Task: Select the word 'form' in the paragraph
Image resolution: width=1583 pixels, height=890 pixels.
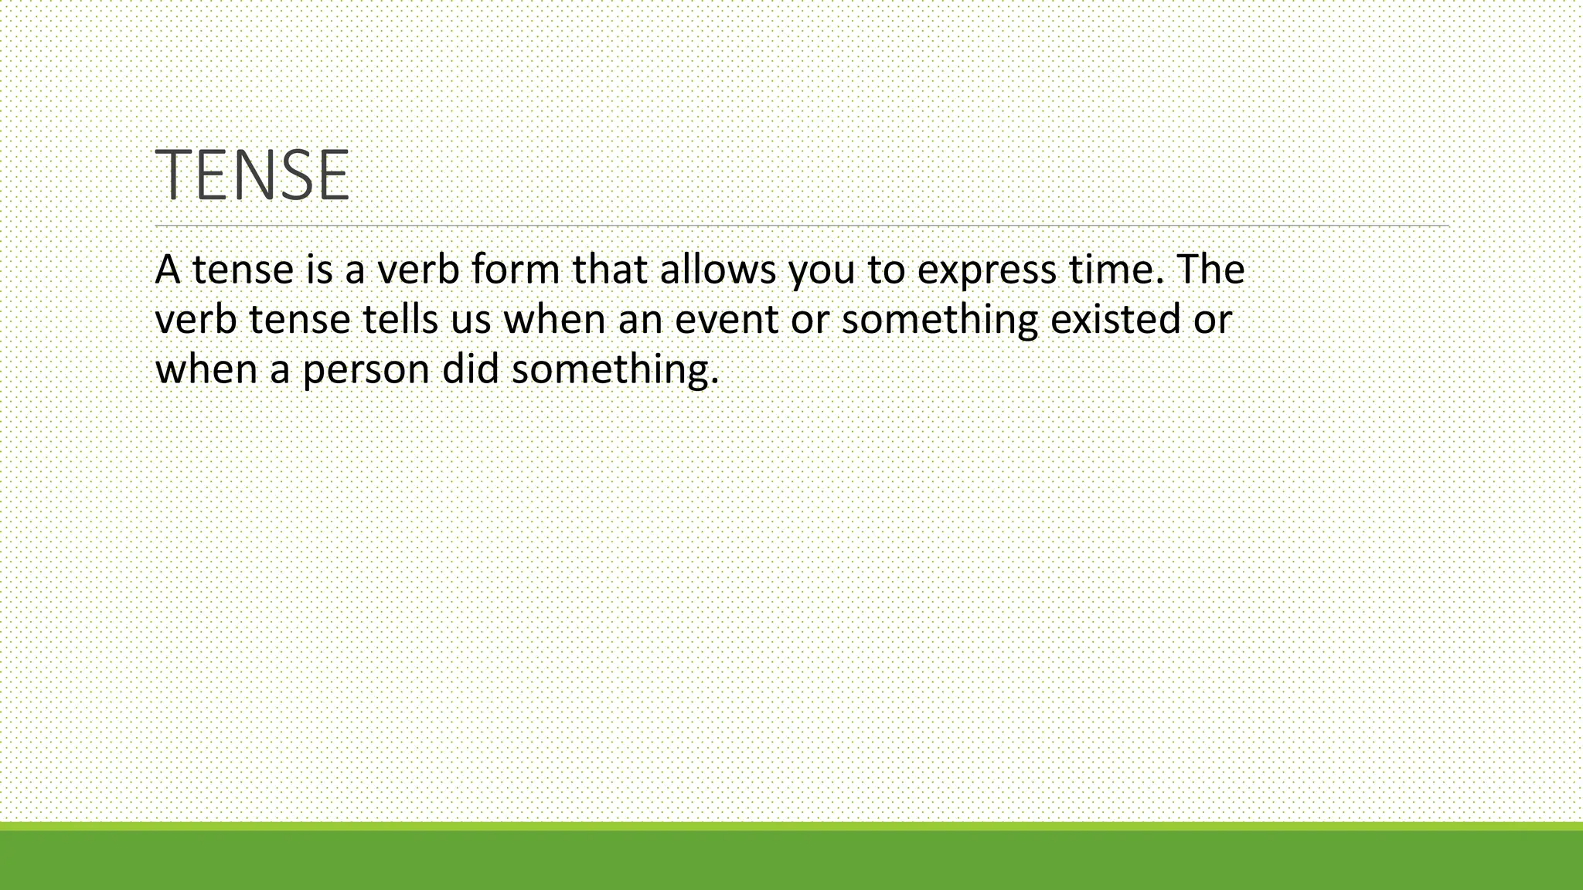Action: click(x=516, y=270)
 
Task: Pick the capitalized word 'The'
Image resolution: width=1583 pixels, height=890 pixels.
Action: click(x=1210, y=270)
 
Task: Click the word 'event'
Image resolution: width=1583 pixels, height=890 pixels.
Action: click(x=726, y=320)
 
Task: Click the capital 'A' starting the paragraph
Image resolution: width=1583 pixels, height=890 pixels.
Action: click(x=168, y=270)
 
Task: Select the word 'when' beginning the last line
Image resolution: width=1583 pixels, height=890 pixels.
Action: click(x=206, y=369)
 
